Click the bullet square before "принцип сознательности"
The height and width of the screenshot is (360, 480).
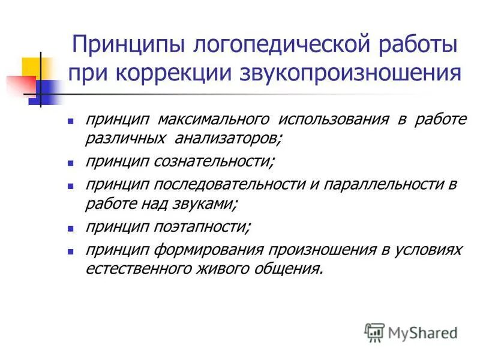pos(71,163)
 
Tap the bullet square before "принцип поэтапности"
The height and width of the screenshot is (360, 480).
pos(71,228)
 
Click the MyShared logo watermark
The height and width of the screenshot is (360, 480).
pos(411,332)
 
